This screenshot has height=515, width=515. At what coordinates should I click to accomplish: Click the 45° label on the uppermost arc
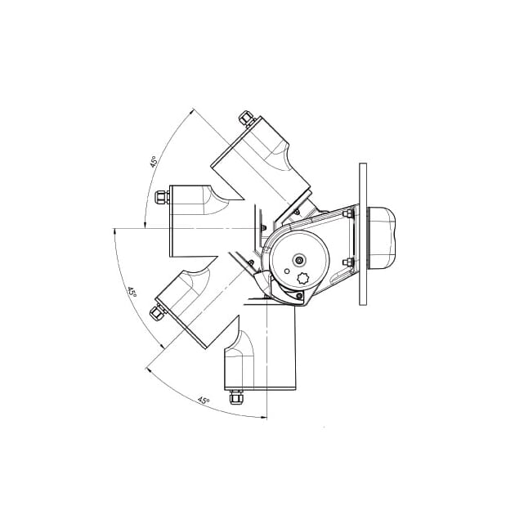point(154,161)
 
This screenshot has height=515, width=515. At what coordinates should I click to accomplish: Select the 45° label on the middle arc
point(132,292)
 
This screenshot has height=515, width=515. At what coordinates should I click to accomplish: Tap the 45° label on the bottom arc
point(204,401)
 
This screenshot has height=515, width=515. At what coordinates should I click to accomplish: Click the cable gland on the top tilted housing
point(247,119)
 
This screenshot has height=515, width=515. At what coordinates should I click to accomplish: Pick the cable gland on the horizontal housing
point(162,197)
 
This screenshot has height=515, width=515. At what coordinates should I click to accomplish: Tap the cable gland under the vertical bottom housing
point(236,397)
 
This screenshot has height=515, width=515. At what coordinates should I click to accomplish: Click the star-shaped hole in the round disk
point(302,280)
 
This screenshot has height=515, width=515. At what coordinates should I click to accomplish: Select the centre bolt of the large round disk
point(299,261)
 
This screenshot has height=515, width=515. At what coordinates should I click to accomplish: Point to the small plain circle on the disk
point(287,271)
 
